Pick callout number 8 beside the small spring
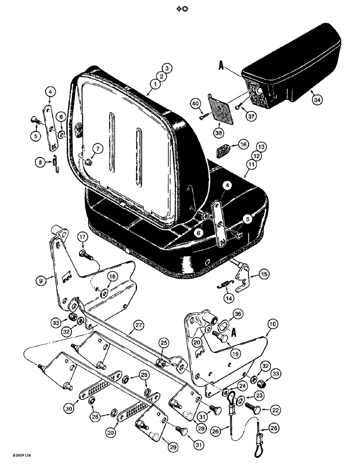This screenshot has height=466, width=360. click(41, 162)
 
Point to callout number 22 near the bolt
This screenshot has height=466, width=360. click(263, 410)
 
